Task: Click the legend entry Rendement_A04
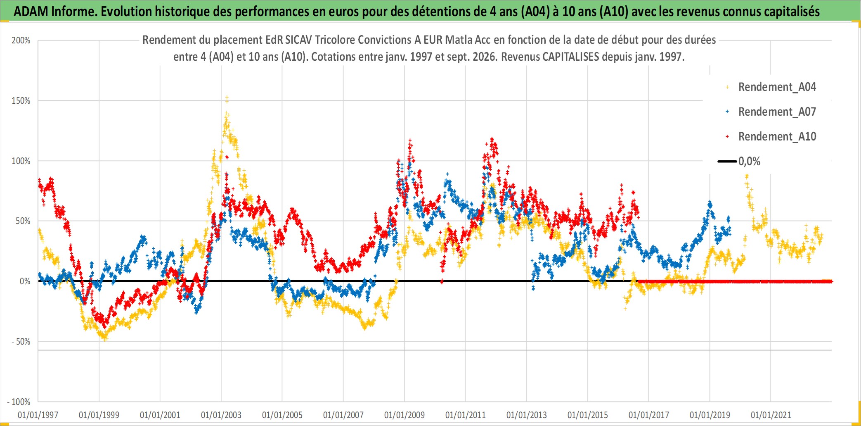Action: (x=777, y=87)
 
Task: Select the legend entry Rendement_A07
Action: (x=777, y=112)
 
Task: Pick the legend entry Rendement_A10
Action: (x=777, y=137)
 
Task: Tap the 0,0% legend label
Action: (x=749, y=162)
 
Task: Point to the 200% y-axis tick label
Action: (x=21, y=40)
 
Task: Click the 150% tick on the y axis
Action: (x=21, y=101)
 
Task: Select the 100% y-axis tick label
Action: (x=21, y=161)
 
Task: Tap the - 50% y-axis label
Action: (x=21, y=342)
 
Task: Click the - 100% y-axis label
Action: (x=19, y=402)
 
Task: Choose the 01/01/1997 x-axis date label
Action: (x=38, y=415)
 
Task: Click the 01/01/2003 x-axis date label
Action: (x=221, y=415)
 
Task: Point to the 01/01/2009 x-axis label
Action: (x=404, y=415)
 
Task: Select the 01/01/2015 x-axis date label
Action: (x=588, y=415)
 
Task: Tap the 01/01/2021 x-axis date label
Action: (x=771, y=415)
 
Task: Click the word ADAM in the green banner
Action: (x=31, y=12)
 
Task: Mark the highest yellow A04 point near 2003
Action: (x=227, y=98)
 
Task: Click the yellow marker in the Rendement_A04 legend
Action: (x=727, y=87)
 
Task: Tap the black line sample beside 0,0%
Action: (x=727, y=162)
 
